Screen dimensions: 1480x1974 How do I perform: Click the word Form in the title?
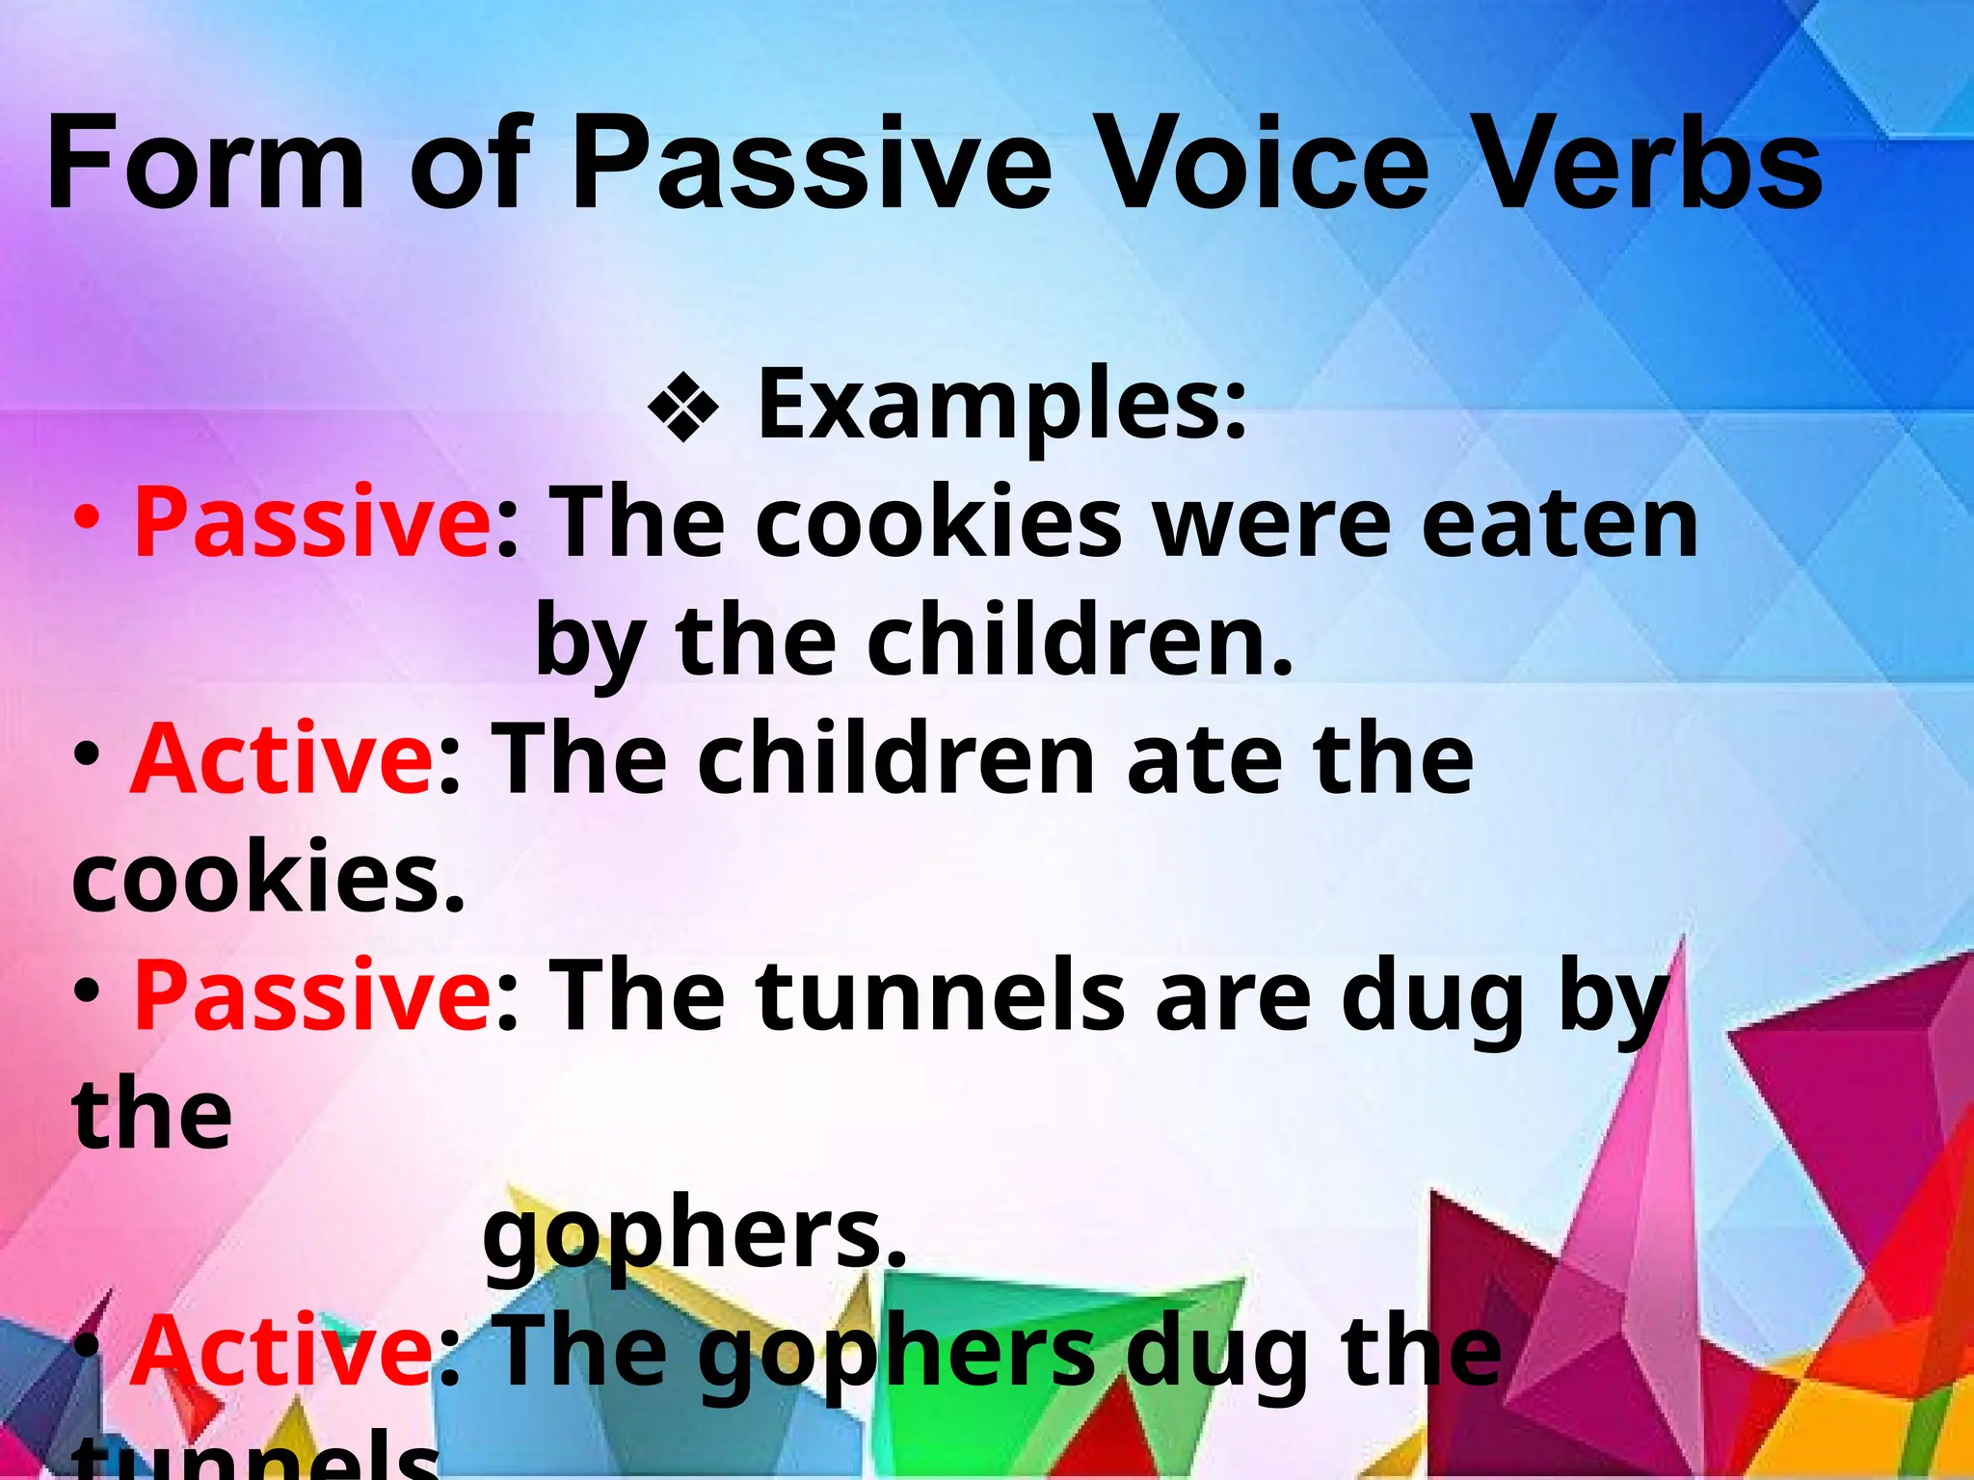pyautogui.click(x=205, y=164)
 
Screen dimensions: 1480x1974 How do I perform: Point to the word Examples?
pyautogui.click(x=1001, y=405)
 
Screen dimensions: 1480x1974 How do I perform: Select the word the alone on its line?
pyautogui.click(x=152, y=1115)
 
